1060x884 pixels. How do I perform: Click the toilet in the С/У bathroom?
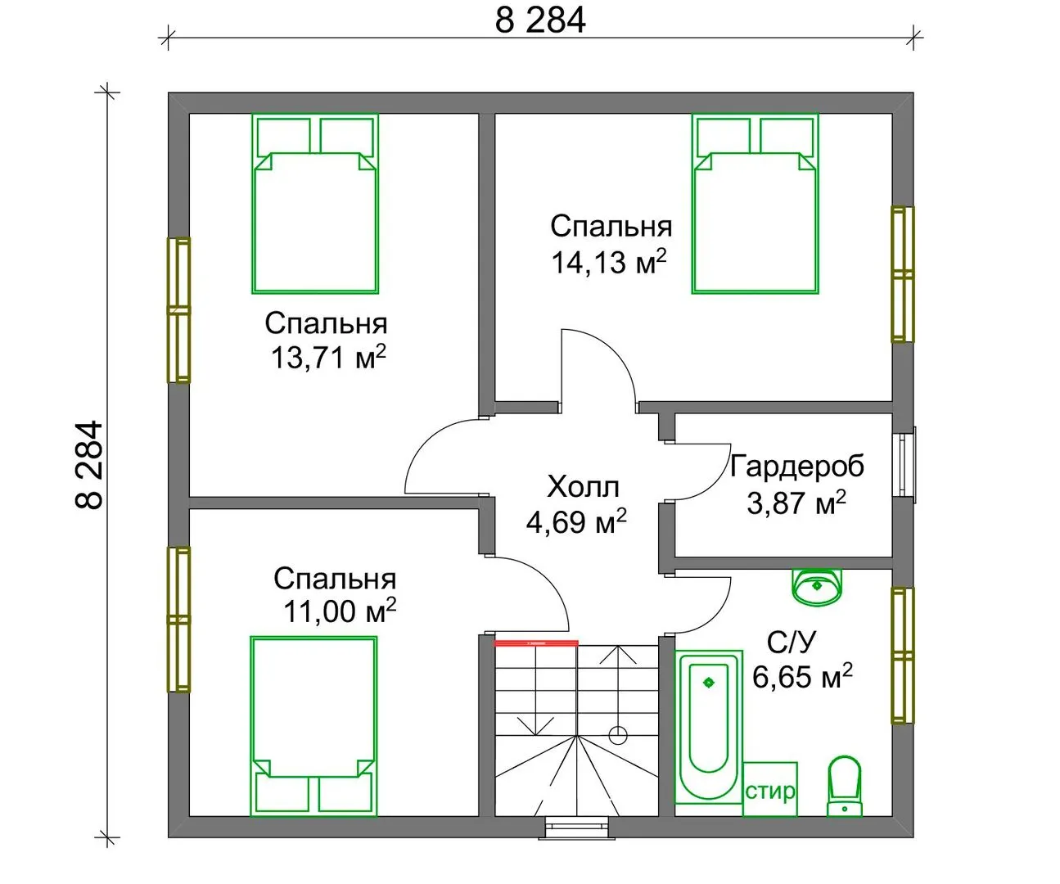(x=844, y=787)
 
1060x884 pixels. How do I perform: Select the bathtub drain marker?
(x=709, y=683)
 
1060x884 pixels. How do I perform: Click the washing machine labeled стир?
(x=770, y=790)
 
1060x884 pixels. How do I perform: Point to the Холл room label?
(x=584, y=487)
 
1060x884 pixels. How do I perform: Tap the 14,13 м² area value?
(x=609, y=263)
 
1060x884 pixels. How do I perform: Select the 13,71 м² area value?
(x=328, y=358)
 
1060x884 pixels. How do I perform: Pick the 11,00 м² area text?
(x=340, y=611)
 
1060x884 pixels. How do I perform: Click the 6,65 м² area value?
(x=802, y=677)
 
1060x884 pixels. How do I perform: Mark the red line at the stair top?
(x=537, y=643)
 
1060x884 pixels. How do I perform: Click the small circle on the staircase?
(x=618, y=735)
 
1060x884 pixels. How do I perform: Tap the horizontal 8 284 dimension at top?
(x=540, y=21)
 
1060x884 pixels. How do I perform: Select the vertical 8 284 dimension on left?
(x=89, y=465)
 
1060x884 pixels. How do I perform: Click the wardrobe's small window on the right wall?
(x=904, y=465)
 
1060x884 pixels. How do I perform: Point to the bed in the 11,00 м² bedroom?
(x=313, y=727)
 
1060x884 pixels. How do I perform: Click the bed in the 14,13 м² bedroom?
(x=755, y=204)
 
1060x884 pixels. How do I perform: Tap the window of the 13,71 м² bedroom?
(x=178, y=310)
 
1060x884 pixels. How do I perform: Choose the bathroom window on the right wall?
(x=903, y=655)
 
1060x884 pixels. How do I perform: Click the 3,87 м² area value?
(x=796, y=503)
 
